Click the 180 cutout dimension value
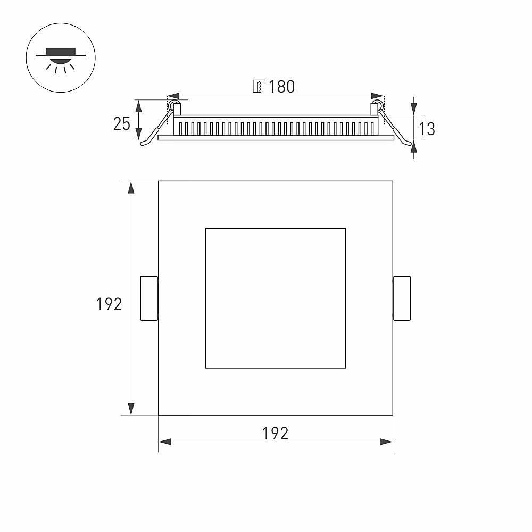tap(281, 87)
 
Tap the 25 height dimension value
tap(121, 124)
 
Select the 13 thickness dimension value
tap(427, 129)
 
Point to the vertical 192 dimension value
tap(109, 304)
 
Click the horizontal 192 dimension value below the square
tap(275, 433)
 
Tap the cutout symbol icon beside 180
tap(259, 87)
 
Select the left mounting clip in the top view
tap(149, 298)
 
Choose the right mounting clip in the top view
tap(402, 298)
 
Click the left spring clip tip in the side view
tap(144, 144)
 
